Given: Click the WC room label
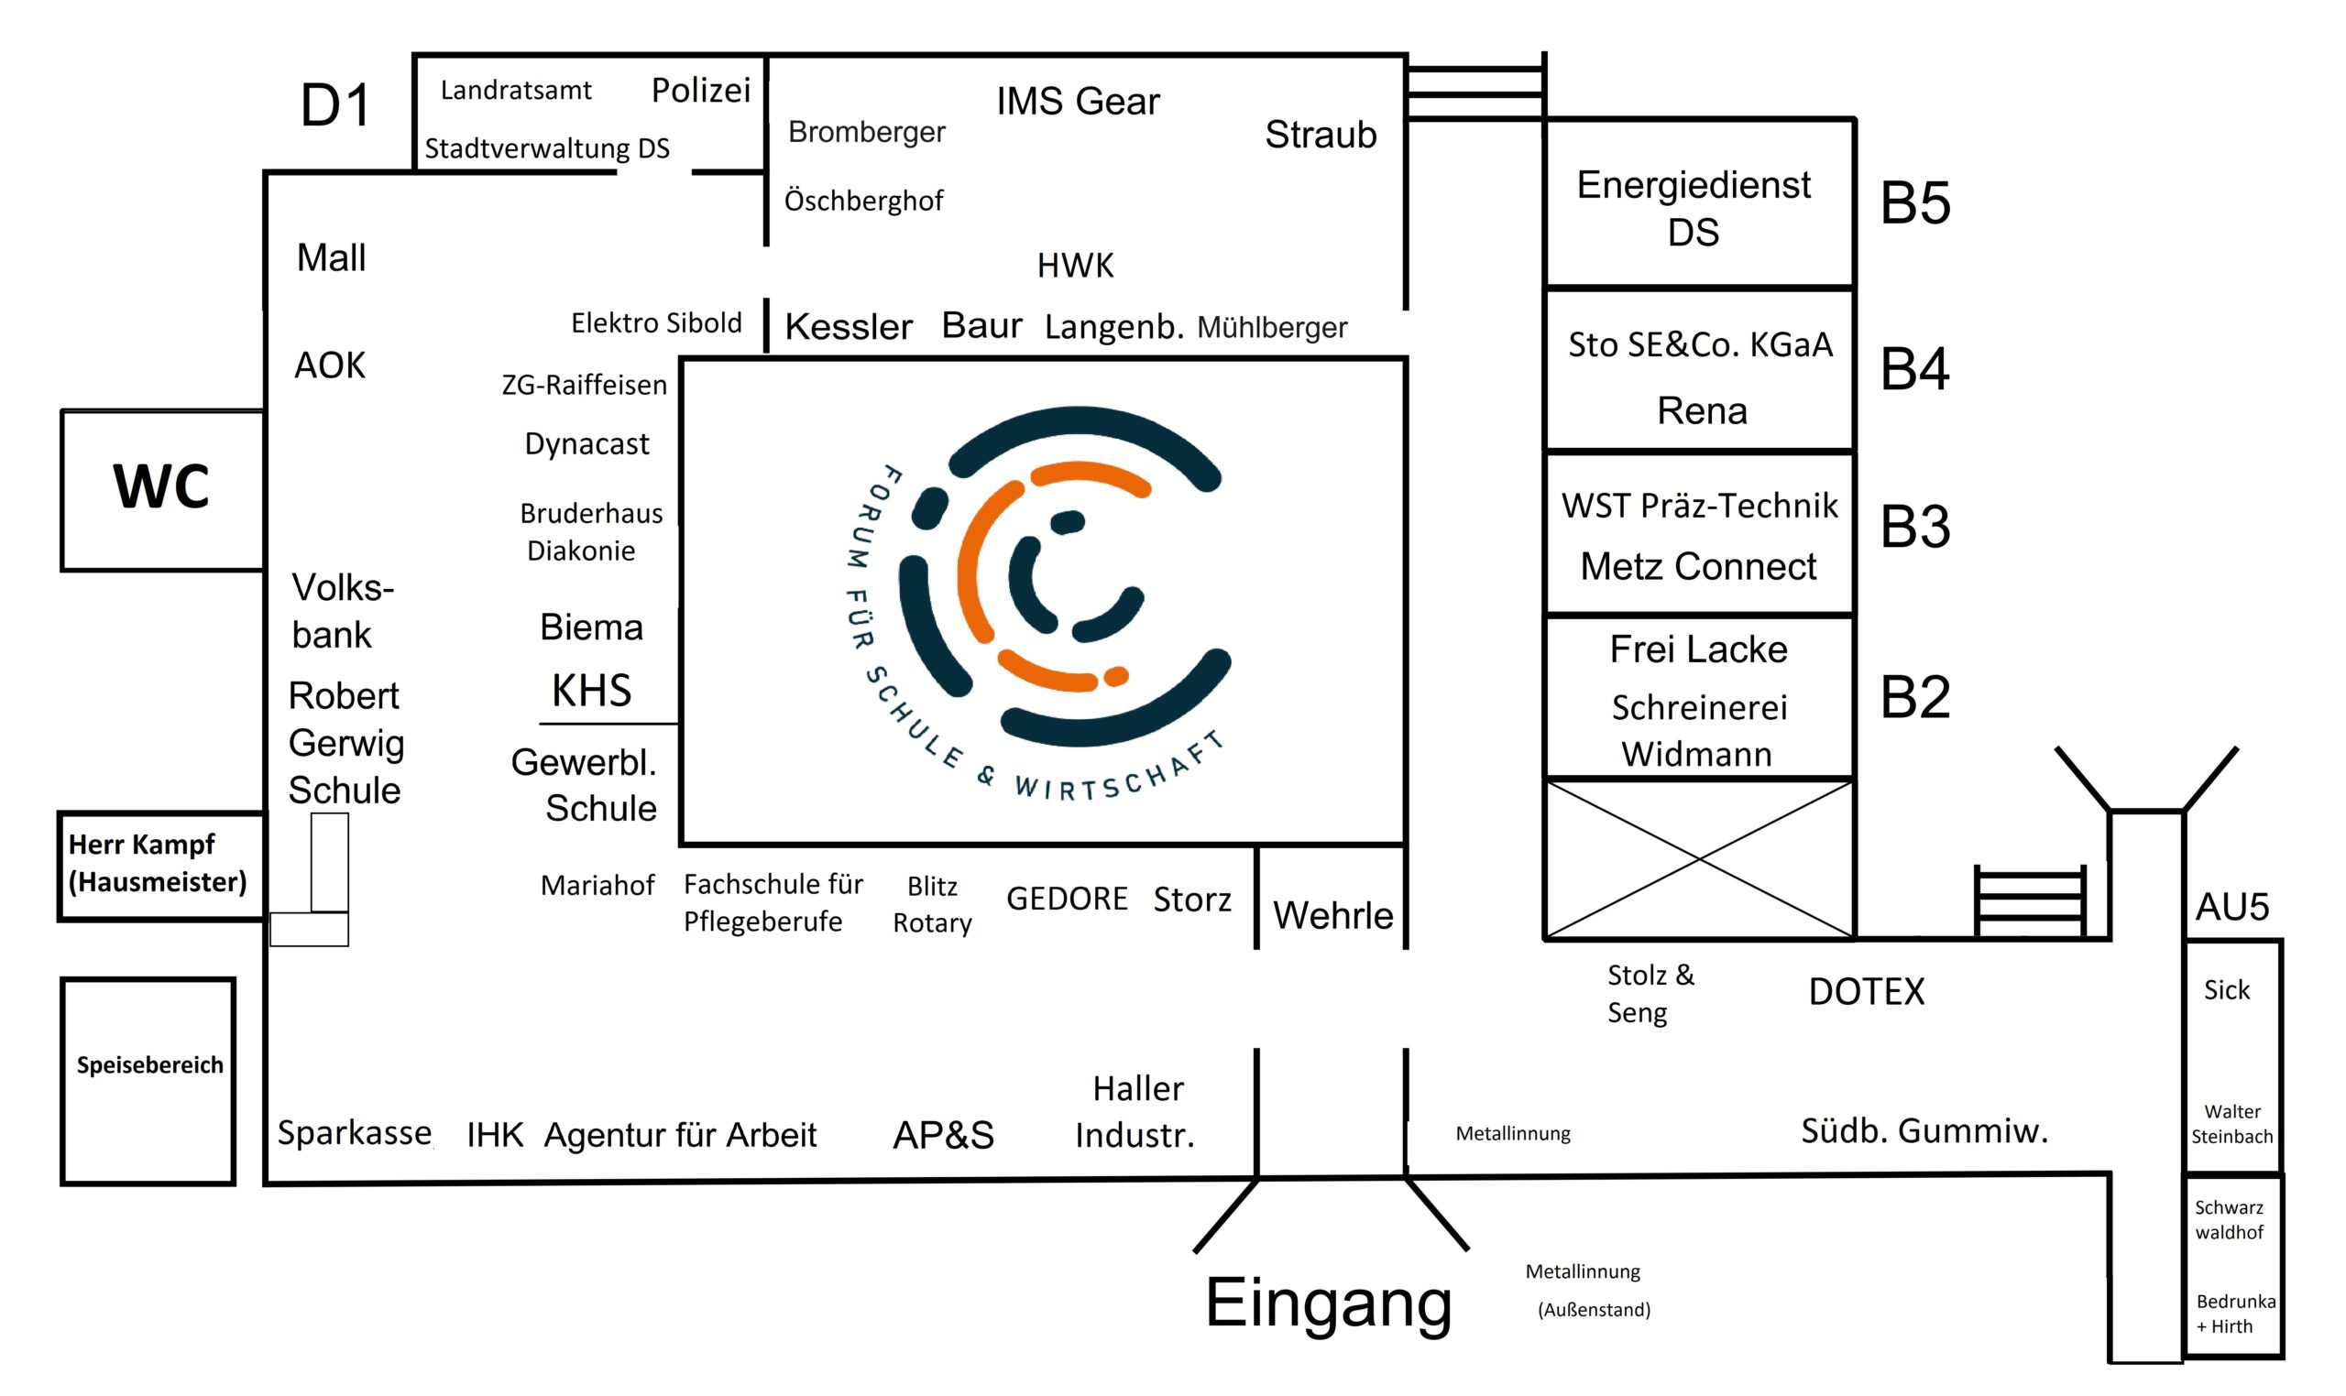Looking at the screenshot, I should [x=161, y=486].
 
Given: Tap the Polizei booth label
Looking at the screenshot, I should [x=700, y=91].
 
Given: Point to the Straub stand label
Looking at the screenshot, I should [x=1320, y=135].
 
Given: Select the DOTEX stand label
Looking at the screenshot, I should [x=1865, y=991].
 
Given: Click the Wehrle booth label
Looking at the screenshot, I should [x=1332, y=915].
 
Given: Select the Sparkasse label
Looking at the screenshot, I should [x=354, y=1132].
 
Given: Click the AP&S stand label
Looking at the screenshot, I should [x=942, y=1135].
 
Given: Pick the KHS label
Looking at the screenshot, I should [x=591, y=691].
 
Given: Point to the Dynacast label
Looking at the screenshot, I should [x=586, y=444].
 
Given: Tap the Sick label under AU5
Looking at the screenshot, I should [x=2226, y=989].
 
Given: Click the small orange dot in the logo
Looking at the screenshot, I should [x=1115, y=676].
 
